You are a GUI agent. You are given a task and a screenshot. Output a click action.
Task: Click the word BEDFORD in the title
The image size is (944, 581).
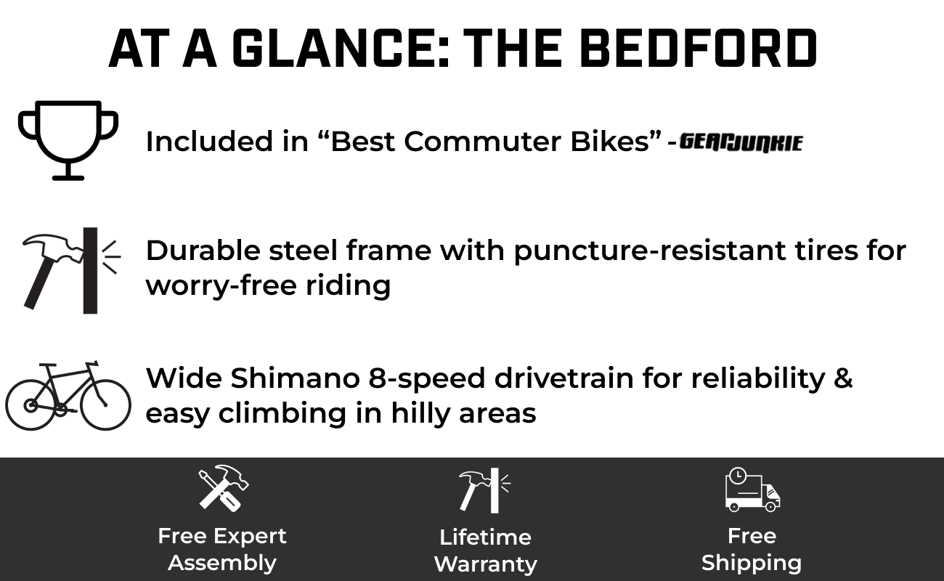point(699,48)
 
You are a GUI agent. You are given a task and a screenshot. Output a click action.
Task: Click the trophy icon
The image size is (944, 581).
point(68,141)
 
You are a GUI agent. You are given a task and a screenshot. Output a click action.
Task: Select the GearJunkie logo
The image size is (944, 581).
point(741,142)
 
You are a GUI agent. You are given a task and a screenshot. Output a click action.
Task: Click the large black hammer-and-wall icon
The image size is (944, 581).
point(72,271)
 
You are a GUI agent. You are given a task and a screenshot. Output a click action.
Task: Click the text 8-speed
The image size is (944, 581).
point(426,379)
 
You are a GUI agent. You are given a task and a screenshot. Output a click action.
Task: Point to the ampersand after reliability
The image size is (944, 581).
point(843,378)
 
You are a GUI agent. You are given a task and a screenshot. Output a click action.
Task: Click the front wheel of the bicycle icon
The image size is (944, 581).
point(105,405)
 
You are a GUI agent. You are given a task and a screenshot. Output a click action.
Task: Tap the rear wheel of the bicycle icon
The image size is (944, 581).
point(30,405)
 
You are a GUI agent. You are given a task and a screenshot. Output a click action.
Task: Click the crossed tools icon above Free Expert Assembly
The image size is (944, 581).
point(224,489)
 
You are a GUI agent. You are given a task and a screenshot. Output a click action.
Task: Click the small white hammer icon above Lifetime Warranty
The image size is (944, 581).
point(484,490)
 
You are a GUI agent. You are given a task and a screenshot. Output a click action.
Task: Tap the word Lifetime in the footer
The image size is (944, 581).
point(485,537)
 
